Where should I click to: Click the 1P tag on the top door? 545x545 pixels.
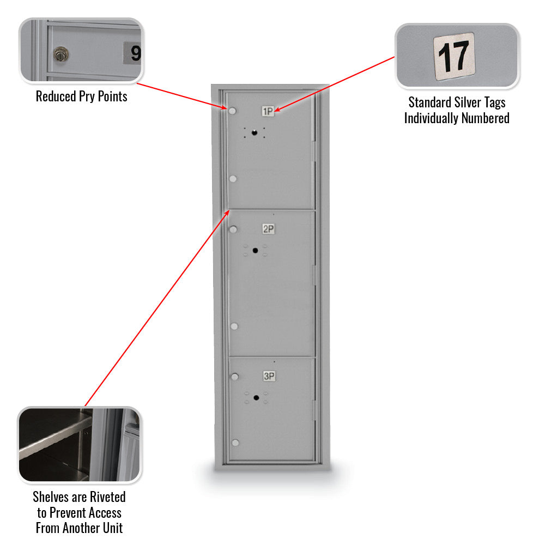pyautogui.click(x=268, y=112)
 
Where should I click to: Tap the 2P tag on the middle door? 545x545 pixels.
pyautogui.click(x=268, y=229)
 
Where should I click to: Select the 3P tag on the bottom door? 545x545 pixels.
pyautogui.click(x=269, y=376)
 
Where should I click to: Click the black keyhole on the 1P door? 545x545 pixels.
pyautogui.click(x=254, y=132)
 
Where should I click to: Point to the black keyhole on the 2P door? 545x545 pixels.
pyautogui.click(x=255, y=250)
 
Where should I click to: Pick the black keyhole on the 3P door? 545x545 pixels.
pyautogui.click(x=256, y=397)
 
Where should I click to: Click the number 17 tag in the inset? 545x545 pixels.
pyautogui.click(x=453, y=56)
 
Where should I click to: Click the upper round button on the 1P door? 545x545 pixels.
pyautogui.click(x=233, y=111)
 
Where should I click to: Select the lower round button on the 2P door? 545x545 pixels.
pyautogui.click(x=234, y=326)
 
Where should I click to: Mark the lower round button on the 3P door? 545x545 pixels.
pyautogui.click(x=235, y=443)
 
